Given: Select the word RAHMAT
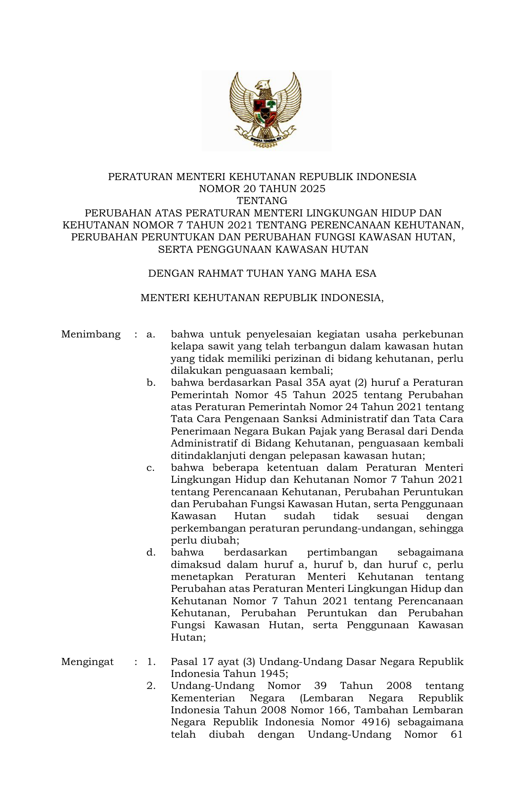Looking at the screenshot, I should (216, 273).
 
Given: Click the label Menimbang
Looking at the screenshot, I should (91, 334).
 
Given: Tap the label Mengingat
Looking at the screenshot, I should (87, 662).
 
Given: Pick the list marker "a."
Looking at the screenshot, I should (151, 334).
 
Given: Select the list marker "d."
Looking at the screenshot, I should (151, 553).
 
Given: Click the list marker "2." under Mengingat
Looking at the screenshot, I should (151, 686).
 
